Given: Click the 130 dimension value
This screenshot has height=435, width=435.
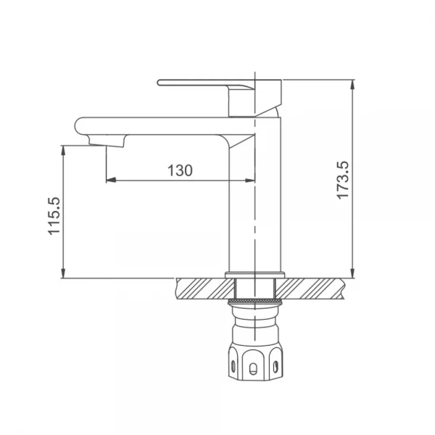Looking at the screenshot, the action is click(x=180, y=170).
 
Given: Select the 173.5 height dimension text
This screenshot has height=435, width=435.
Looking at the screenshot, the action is click(x=343, y=180).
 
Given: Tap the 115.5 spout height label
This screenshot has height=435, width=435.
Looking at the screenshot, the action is click(x=54, y=216).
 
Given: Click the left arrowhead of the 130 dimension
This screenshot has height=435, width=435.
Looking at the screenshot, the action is click(x=111, y=180).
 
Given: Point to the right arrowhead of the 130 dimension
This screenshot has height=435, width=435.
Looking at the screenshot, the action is click(x=250, y=181).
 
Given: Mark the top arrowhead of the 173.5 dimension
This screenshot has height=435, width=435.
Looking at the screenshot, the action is click(x=352, y=85).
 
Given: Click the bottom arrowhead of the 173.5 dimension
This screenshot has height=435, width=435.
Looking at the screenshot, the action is click(x=352, y=273).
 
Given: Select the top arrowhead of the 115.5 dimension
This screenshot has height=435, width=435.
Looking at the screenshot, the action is click(x=64, y=150).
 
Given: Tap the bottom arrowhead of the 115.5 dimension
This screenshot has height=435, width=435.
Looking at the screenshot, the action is click(x=64, y=273).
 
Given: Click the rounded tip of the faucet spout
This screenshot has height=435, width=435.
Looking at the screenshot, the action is click(x=77, y=126).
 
